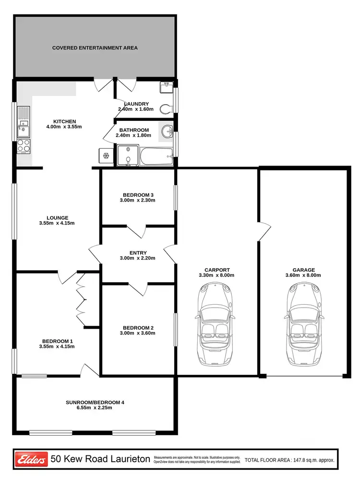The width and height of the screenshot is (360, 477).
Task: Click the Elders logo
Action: coord(32,459)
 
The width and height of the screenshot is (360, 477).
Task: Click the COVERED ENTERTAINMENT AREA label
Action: coord(95,48)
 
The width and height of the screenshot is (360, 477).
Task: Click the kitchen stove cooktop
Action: coord(23,146)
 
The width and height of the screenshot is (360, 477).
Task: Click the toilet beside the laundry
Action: coord(166,109)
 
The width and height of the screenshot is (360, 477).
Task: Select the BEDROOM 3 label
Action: coord(138,194)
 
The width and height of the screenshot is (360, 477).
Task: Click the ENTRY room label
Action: coord(138,253)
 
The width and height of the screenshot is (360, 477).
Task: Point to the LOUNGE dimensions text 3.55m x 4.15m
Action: coord(58,223)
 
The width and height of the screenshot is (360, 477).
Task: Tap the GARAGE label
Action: coord(303,270)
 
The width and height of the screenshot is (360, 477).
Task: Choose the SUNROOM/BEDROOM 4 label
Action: coord(95,402)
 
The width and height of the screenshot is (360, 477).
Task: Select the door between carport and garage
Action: coord(262,232)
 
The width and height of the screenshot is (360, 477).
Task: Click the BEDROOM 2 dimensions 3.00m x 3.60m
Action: coord(138,333)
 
